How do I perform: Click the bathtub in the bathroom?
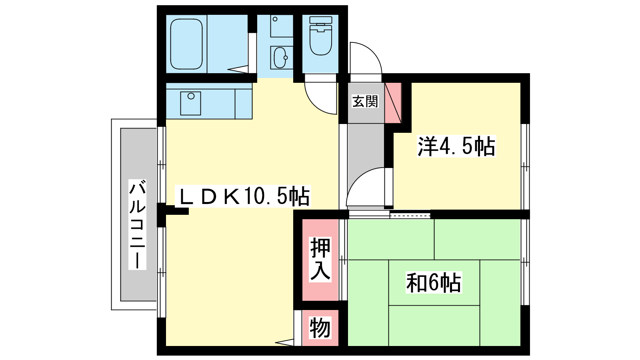(x=186, y=44)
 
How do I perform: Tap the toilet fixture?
(x=320, y=36)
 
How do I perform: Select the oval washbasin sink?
(x=280, y=58)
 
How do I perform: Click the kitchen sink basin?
(x=190, y=103)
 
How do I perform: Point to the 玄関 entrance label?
(x=365, y=102)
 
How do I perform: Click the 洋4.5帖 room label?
(x=456, y=146)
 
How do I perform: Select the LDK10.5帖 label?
(x=243, y=196)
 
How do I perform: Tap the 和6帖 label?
(x=434, y=282)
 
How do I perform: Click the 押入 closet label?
(x=320, y=259)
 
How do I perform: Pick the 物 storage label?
(x=320, y=328)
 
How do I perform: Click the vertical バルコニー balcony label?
(x=137, y=224)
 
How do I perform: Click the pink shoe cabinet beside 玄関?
(x=393, y=103)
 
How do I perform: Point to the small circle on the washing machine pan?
(x=275, y=19)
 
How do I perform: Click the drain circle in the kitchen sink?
(x=191, y=96)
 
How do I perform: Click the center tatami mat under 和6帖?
(x=434, y=282)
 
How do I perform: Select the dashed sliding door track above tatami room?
(x=410, y=214)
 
